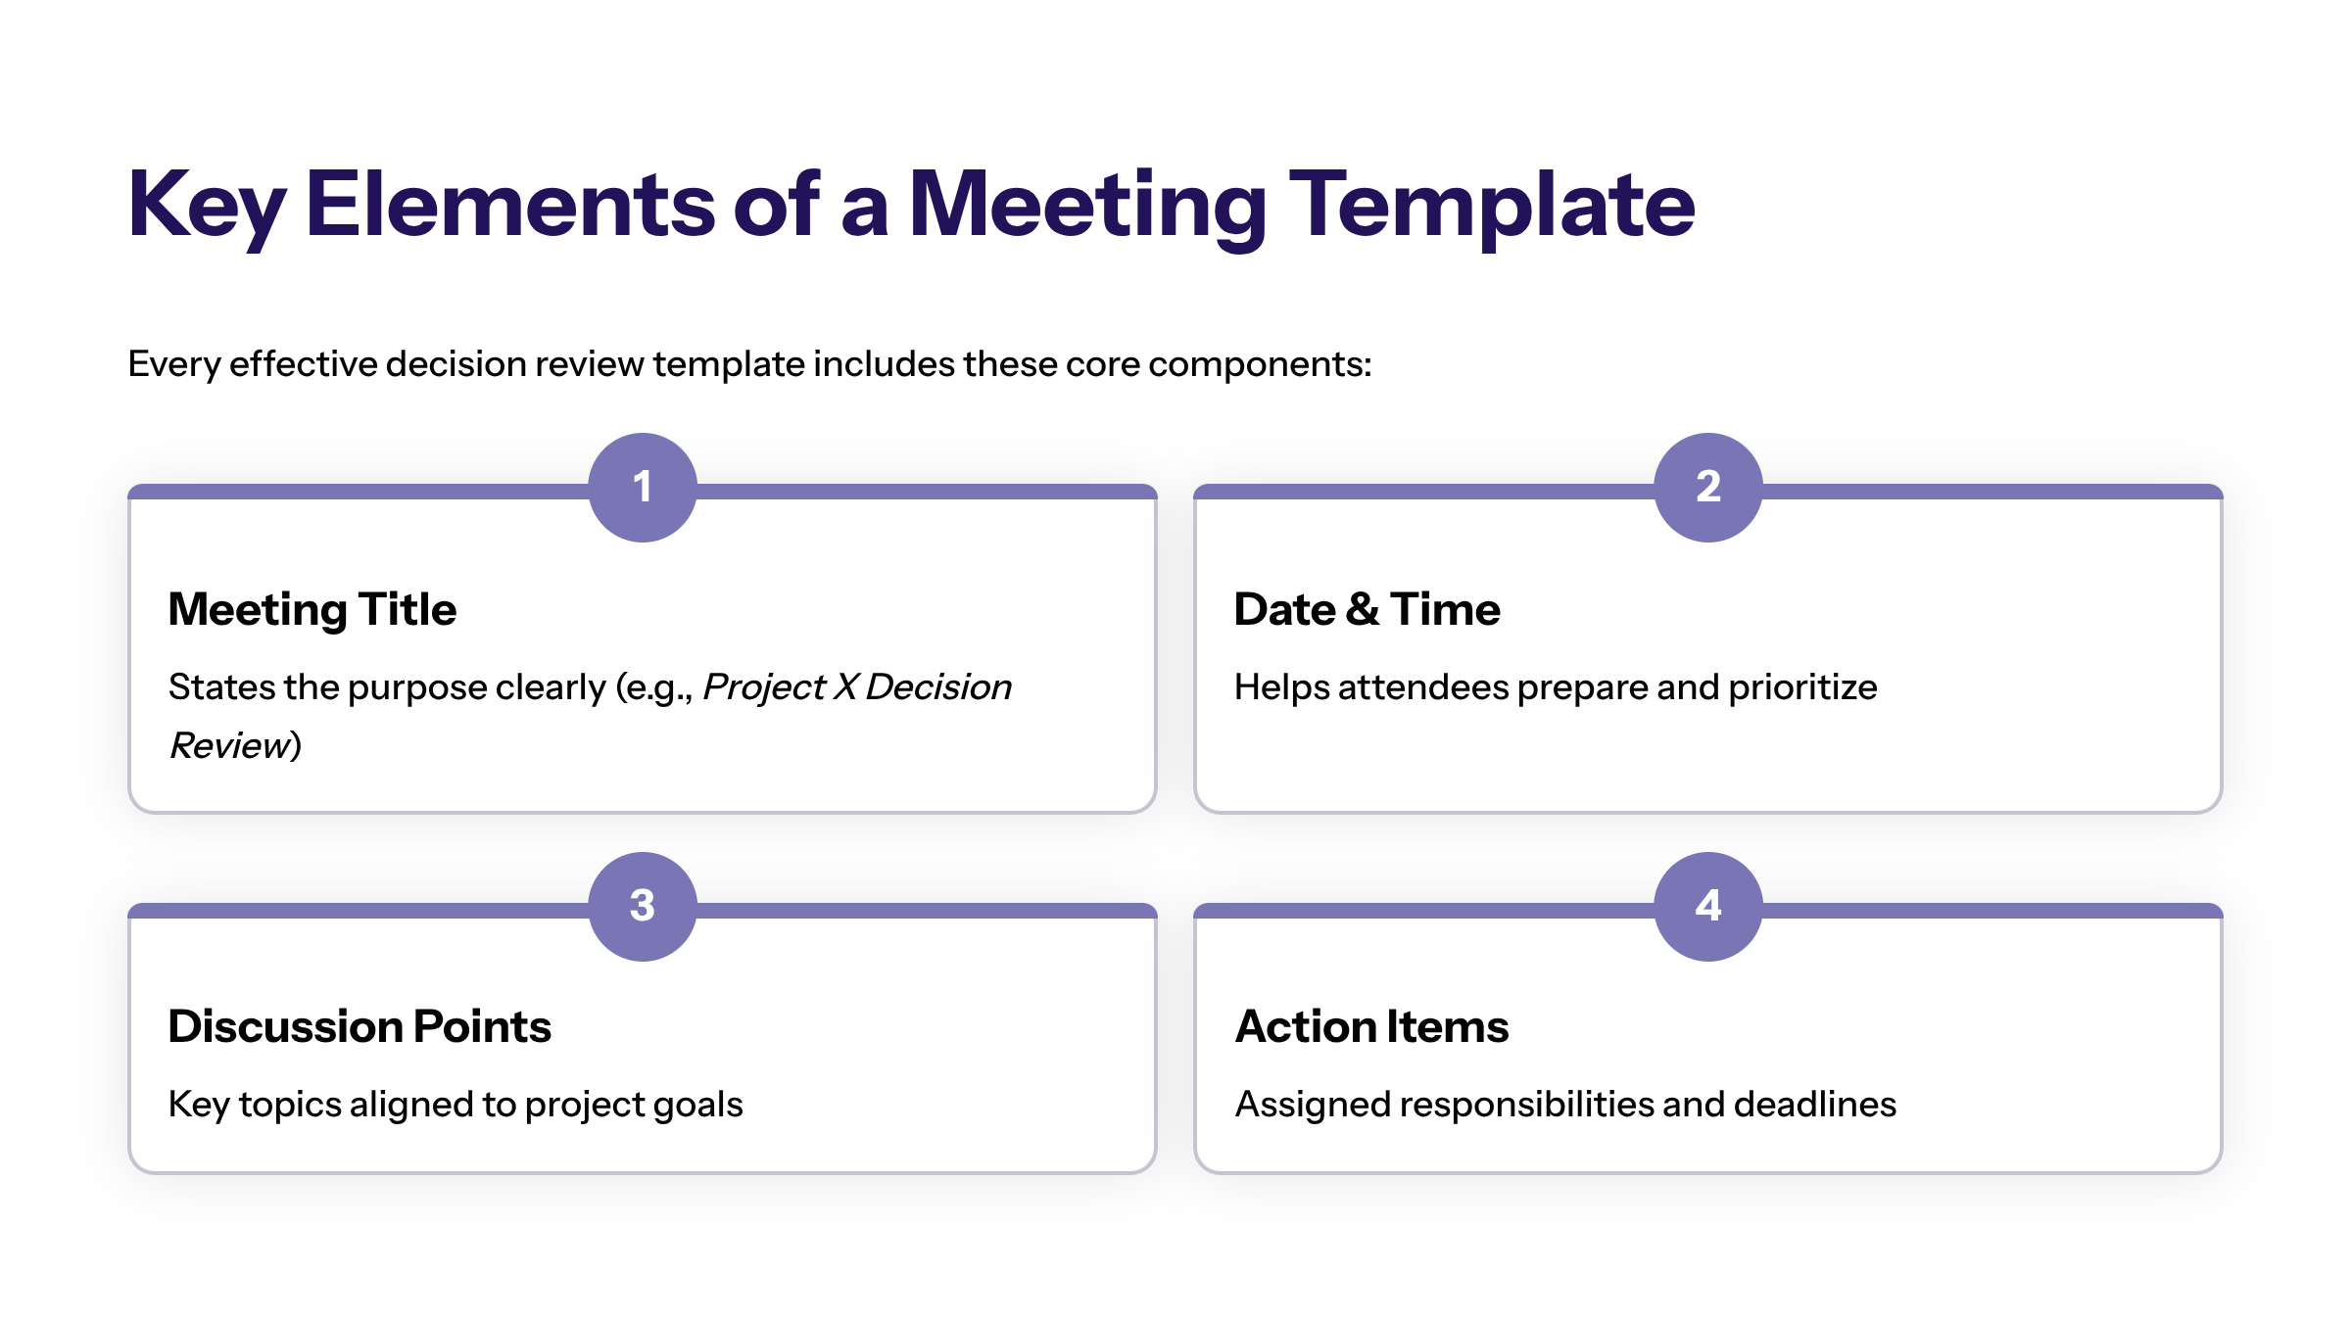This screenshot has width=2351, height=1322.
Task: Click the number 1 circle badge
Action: point(643,487)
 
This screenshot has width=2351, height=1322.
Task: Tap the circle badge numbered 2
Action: point(1708,487)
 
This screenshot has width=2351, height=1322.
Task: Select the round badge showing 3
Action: point(643,906)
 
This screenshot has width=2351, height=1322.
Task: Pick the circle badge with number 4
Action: point(1708,906)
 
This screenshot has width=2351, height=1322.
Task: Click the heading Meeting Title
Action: point(312,610)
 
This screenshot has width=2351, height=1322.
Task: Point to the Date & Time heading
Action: point(1367,609)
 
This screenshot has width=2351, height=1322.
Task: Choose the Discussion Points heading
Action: point(360,1026)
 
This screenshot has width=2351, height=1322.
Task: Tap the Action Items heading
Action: point(1371,1026)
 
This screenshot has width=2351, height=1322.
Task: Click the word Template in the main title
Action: point(1492,207)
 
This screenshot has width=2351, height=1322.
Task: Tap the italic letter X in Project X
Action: point(845,687)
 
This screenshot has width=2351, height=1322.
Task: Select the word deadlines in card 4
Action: point(1815,1105)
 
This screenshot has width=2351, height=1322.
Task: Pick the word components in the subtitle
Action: point(1260,365)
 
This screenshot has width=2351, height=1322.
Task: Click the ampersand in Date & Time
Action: point(1363,609)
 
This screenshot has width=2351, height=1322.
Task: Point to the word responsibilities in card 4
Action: point(1525,1106)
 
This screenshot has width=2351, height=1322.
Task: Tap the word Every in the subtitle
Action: point(174,365)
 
